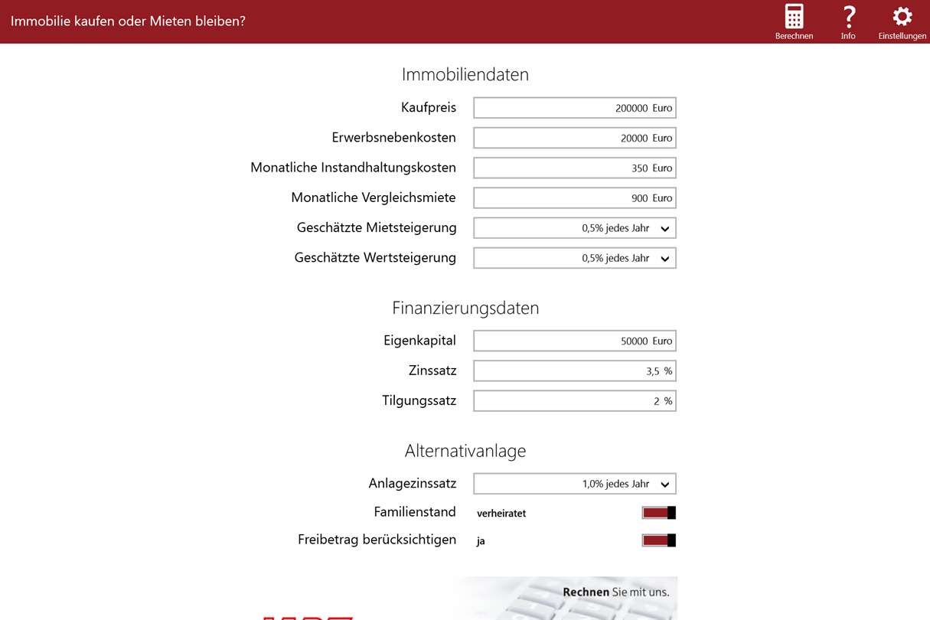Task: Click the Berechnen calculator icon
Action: point(794,17)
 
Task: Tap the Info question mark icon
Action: point(848,17)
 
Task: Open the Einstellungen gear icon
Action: point(902,17)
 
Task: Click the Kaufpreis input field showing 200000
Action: point(574,108)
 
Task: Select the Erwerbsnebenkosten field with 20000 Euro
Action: point(574,138)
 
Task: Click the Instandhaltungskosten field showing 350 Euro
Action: point(574,168)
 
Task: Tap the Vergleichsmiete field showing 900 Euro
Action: point(574,197)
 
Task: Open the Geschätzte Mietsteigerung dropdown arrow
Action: point(664,228)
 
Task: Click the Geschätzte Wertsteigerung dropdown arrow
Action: point(664,259)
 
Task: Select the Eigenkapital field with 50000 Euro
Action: point(574,341)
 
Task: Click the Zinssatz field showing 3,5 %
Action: point(574,371)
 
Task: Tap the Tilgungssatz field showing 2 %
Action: point(574,401)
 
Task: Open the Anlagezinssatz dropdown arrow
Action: point(664,485)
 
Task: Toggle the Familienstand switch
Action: point(658,513)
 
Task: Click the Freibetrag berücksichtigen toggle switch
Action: point(658,540)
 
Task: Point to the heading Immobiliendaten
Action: point(465,74)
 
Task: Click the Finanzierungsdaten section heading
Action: point(465,308)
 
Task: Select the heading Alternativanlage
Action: point(465,451)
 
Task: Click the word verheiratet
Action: point(501,514)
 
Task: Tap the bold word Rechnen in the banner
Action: point(586,592)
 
